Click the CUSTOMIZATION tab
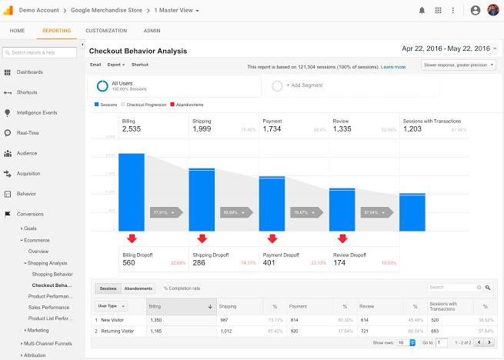point(106,30)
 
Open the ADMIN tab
point(152,30)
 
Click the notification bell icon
point(421,11)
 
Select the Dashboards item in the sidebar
point(29,72)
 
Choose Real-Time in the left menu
point(28,132)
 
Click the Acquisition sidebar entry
point(28,173)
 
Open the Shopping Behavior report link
point(52,274)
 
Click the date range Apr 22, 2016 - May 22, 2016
point(446,48)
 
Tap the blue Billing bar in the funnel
point(132,192)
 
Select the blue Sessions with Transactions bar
point(412,212)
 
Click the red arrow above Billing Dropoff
point(132,238)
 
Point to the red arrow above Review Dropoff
point(342,238)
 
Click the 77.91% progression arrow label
point(163,212)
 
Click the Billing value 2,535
point(132,129)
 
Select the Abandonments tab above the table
point(139,288)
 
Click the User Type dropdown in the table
point(107,306)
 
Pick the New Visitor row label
point(112,319)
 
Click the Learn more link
point(393,67)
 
